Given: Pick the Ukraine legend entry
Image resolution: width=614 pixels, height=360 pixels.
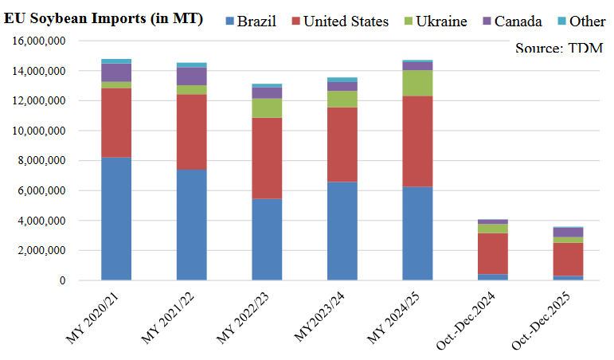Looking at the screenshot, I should [442, 21].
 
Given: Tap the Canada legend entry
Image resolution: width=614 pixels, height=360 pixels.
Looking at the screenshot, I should [518, 21].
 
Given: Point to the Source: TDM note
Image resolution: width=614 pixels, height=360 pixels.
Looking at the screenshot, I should [558, 48].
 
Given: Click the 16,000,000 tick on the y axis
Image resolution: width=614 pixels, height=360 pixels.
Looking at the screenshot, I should [39, 41].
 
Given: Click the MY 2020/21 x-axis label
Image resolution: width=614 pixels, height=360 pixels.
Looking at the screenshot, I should [96, 323].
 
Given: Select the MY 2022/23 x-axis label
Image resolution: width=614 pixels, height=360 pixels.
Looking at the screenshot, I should [247, 323].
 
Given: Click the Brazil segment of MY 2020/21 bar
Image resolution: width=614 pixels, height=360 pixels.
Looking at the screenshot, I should [116, 218].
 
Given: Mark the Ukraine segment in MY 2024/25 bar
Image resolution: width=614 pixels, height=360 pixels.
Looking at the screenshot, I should [418, 83].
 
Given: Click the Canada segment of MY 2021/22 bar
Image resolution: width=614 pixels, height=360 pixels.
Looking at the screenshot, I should [191, 76].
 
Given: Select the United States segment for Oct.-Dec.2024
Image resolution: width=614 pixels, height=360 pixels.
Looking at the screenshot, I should [493, 253].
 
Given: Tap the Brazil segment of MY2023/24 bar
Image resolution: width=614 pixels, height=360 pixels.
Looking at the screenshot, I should [342, 231].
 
